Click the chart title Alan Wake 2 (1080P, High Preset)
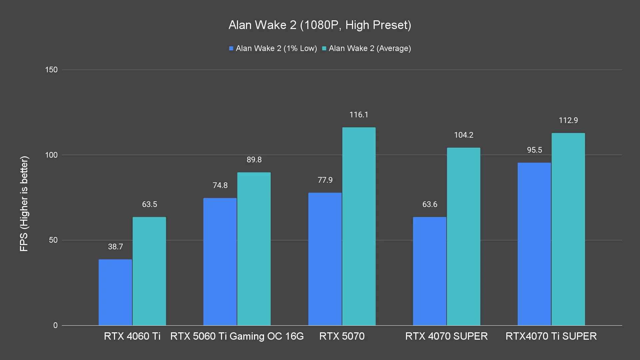[x=320, y=25]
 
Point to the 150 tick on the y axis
[x=51, y=70]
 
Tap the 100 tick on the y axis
[x=51, y=155]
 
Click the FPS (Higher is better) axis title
[x=24, y=203]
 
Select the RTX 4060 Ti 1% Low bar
[x=115, y=292]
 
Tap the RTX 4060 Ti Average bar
[x=149, y=271]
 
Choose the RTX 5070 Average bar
[x=359, y=226]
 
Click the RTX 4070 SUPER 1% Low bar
[x=429, y=271]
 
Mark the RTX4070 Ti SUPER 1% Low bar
[x=534, y=244]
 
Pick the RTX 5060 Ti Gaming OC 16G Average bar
[x=254, y=249]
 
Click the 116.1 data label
[x=359, y=115]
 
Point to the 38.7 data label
[x=115, y=247]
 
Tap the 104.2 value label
[x=463, y=135]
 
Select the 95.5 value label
[x=534, y=150]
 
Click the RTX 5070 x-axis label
[x=342, y=336]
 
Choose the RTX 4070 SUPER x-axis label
[x=446, y=336]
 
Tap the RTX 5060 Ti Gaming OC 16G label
[x=237, y=336]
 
